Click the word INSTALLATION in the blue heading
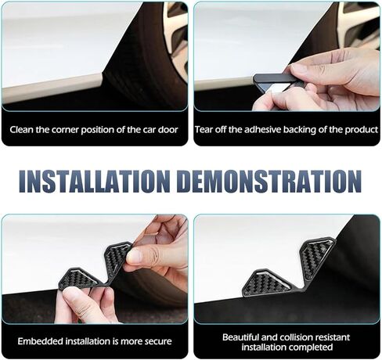95,182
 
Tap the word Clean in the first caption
21,130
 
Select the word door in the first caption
168,130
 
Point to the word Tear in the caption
204,130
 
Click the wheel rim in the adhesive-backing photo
359,23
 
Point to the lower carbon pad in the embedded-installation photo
81,279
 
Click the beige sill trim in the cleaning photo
52,88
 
